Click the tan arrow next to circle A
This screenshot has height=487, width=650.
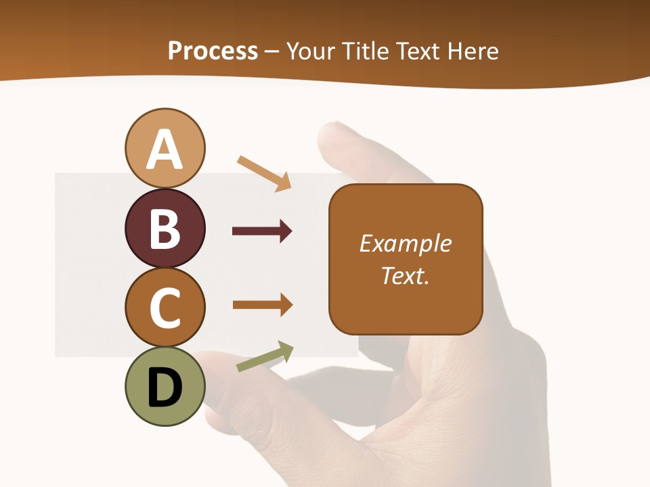pyautogui.click(x=264, y=172)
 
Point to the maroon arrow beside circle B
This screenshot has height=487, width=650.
pyautogui.click(x=262, y=231)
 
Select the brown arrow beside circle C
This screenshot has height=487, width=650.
pyautogui.click(x=262, y=304)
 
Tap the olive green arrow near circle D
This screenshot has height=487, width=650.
pyautogui.click(x=265, y=356)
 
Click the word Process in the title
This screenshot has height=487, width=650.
pyautogui.click(x=213, y=51)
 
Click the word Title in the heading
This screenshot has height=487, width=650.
pyautogui.click(x=366, y=51)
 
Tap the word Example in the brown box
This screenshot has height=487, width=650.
pyautogui.click(x=405, y=243)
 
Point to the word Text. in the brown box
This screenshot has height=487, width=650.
pyautogui.click(x=405, y=275)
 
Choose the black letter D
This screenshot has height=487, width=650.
pyautogui.click(x=165, y=387)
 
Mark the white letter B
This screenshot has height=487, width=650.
pyautogui.click(x=165, y=228)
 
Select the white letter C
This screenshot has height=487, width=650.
pyautogui.click(x=165, y=308)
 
